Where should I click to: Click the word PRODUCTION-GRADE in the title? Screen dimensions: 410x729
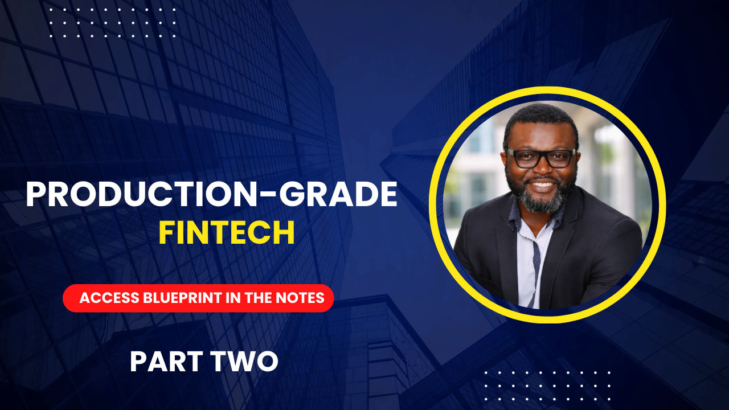click(211, 195)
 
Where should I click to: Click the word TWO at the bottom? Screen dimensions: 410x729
click(247, 361)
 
